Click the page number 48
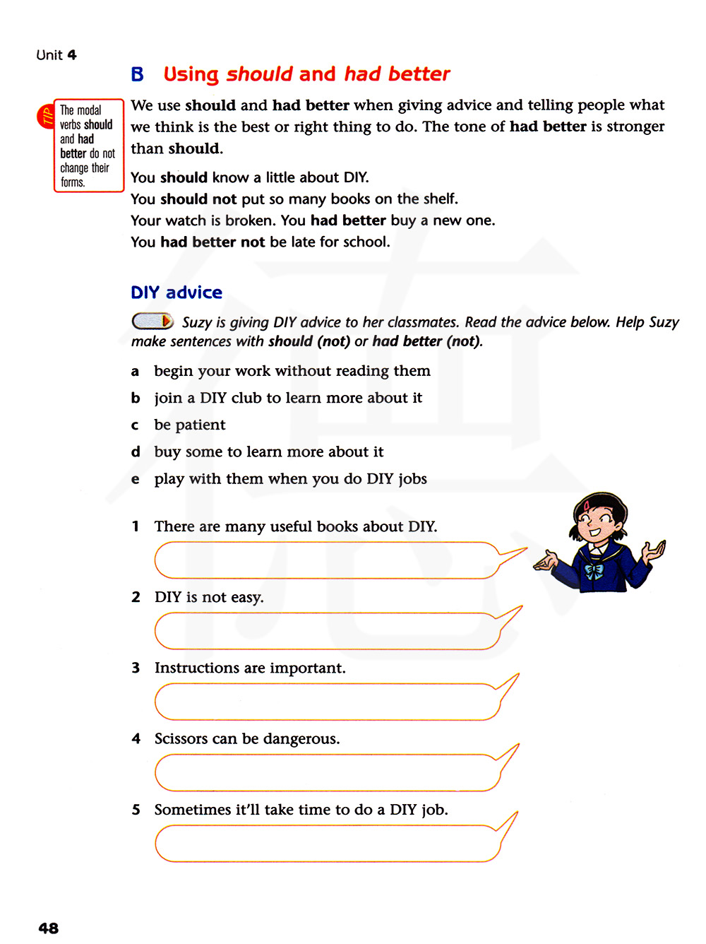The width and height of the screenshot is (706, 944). (x=49, y=928)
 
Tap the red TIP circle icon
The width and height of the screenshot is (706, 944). (x=46, y=117)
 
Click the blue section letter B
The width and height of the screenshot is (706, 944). (x=137, y=74)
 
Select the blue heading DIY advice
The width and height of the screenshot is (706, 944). (x=176, y=293)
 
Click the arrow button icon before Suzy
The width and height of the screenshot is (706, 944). (x=152, y=321)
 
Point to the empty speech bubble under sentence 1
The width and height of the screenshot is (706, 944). (x=327, y=560)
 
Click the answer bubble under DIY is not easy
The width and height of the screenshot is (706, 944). (x=327, y=631)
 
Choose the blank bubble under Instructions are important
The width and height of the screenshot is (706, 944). (x=327, y=702)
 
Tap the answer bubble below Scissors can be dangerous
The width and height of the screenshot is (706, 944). (x=327, y=772)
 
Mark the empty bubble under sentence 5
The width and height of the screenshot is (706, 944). (x=327, y=843)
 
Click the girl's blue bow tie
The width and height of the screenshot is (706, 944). (x=594, y=571)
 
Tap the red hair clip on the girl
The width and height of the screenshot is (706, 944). (x=587, y=505)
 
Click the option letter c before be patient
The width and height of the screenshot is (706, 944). (x=135, y=425)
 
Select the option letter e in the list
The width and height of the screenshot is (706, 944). (x=135, y=479)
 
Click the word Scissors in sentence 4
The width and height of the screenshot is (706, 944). (x=181, y=738)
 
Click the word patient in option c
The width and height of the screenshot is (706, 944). (x=200, y=425)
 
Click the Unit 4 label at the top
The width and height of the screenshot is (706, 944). (x=56, y=55)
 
